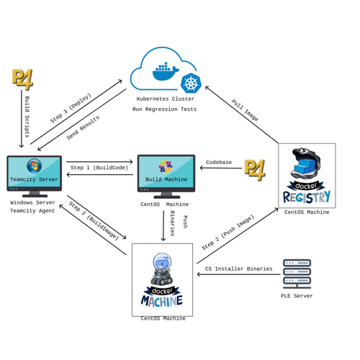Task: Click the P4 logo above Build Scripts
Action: tap(22, 80)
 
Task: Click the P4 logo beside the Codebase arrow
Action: tap(255, 170)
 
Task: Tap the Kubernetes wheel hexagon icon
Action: tap(191, 83)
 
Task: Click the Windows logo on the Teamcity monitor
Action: tap(34, 166)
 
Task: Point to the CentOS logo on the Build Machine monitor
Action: tap(166, 166)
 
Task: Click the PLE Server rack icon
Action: tap(297, 274)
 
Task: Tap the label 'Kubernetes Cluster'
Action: tap(165, 99)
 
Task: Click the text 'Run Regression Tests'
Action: tap(164, 109)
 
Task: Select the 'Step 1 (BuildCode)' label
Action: tap(99, 168)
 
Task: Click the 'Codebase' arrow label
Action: tap(219, 162)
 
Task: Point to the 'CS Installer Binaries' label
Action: tap(239, 269)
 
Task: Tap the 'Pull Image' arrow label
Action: tap(245, 110)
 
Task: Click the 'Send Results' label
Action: tap(83, 127)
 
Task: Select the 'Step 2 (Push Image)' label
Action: tap(228, 233)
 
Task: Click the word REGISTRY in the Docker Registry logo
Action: tap(307, 197)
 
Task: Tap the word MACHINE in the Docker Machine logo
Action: tap(162, 301)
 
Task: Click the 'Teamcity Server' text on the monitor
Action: tap(34, 179)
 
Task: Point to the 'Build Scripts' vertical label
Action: tap(27, 117)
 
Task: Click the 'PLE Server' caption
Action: tap(297, 296)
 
